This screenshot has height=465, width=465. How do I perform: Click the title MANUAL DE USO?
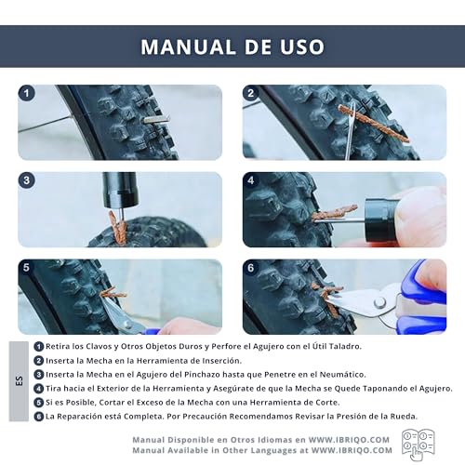pos(232,46)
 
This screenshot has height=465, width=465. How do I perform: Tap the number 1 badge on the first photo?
pos(28,94)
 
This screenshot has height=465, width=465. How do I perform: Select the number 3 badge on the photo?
pos(28,180)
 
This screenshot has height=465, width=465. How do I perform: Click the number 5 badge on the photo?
pos(28,268)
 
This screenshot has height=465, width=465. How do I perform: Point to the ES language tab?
pos(20,381)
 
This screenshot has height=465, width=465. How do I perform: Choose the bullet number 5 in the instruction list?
pos(38,402)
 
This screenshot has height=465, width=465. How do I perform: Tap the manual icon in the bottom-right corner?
pos(418,444)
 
